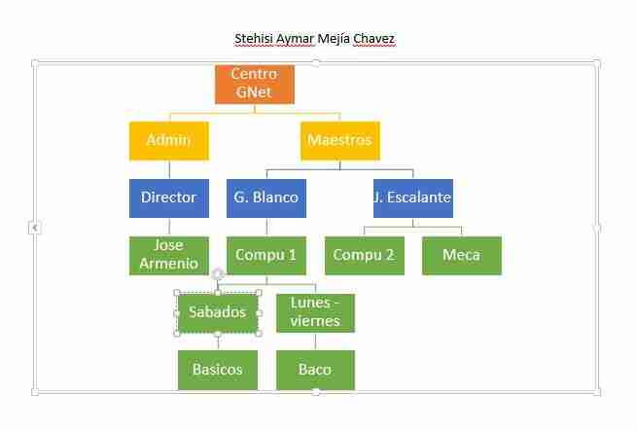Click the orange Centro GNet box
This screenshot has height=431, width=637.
pos(255,85)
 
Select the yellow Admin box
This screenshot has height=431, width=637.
pos(169,141)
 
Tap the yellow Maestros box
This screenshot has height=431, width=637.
pos(340,141)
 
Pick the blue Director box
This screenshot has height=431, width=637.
pos(169,198)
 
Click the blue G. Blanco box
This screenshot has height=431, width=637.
pos(266,198)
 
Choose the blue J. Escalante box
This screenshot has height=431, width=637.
pos(413,198)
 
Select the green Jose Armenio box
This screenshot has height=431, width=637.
pos(169,256)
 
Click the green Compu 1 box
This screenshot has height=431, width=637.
pos(266,256)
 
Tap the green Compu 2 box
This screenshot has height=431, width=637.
pos(365,256)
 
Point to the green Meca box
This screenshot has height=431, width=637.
pos(462,256)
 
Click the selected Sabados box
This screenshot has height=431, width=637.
pos(218,313)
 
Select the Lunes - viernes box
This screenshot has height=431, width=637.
pos(316,313)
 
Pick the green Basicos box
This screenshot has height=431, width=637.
pos(218,370)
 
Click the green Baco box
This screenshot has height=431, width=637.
pos(316,370)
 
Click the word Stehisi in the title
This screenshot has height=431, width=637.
pos(254,39)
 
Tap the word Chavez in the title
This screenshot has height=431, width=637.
pos(373,39)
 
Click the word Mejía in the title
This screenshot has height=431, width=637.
pos(334,39)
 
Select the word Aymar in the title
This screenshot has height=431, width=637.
pos(296,40)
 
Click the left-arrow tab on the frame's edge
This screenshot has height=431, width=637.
pos(35,228)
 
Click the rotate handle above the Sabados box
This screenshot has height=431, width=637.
pos(218,274)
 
